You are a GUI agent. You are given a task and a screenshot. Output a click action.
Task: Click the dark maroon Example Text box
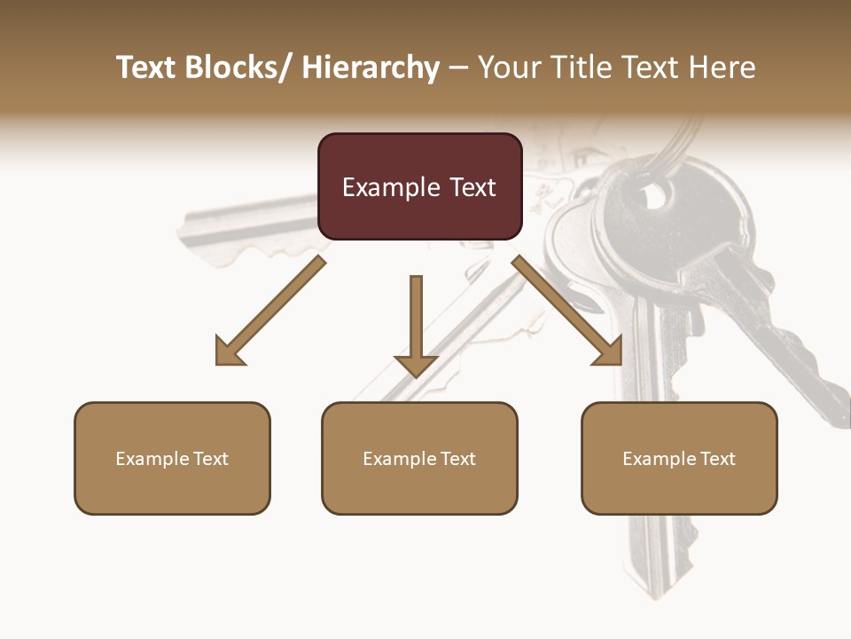[x=419, y=186]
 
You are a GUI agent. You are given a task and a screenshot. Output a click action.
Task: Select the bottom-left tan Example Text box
[x=172, y=458]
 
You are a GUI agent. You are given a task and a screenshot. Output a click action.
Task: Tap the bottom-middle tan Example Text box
[x=419, y=458]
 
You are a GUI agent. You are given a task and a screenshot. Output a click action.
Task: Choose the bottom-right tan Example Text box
[x=679, y=458]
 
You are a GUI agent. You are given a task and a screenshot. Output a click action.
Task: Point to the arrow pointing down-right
[x=567, y=311]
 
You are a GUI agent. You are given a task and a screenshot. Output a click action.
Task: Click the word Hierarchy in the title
[x=371, y=67]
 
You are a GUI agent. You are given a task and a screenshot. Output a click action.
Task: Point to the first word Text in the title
[x=148, y=67]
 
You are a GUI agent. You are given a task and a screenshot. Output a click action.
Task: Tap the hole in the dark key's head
[x=657, y=194]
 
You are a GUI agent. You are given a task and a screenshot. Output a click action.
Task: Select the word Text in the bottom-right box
[x=718, y=458]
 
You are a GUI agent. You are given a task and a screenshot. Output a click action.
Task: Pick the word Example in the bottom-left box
[x=152, y=458]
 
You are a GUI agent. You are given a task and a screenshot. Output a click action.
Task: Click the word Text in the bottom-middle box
[x=458, y=458]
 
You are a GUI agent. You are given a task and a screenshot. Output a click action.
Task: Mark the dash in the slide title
[x=458, y=67]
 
